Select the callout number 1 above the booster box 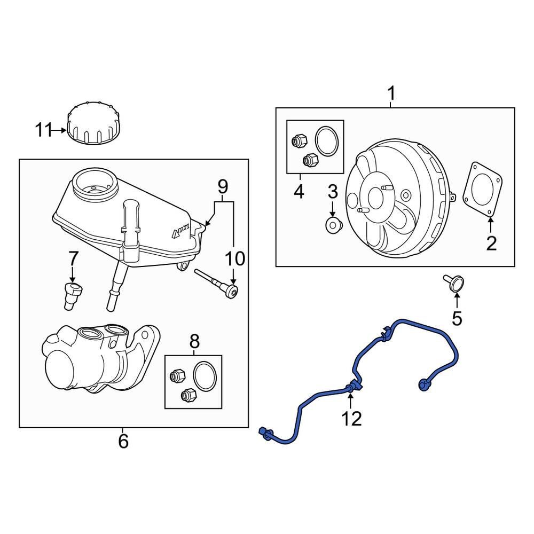(x=391, y=94)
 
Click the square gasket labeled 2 (x=482, y=190)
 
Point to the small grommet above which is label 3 (x=333, y=225)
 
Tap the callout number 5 (x=457, y=318)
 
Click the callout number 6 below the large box (x=123, y=441)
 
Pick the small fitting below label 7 (x=73, y=296)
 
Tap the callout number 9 (x=223, y=186)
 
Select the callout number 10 (x=234, y=259)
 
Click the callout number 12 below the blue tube (x=352, y=418)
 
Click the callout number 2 (x=491, y=244)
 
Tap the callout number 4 (x=299, y=191)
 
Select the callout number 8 (x=194, y=340)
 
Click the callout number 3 (x=332, y=191)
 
